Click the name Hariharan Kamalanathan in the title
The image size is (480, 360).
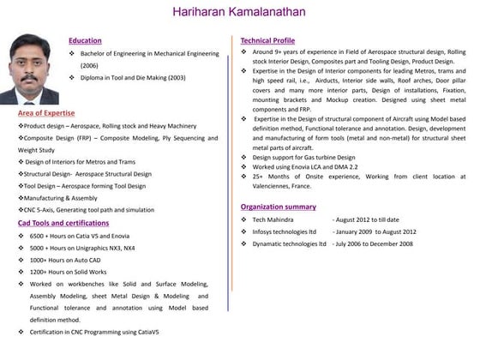239,12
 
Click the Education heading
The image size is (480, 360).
85,40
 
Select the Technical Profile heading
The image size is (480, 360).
267,40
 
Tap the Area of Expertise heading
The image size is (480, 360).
46,113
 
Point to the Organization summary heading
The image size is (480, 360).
279,207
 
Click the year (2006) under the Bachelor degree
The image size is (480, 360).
91,65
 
